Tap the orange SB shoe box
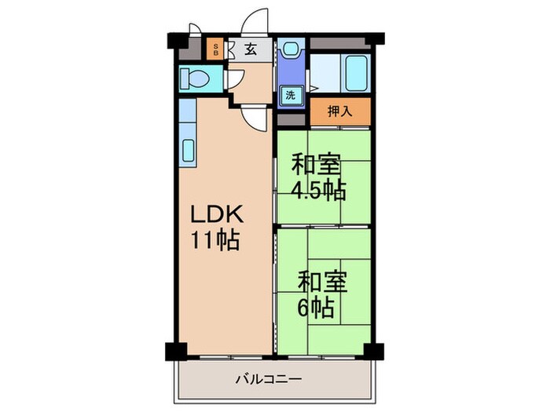(216, 49)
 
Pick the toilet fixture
(193, 78)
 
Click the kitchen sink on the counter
(189, 149)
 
